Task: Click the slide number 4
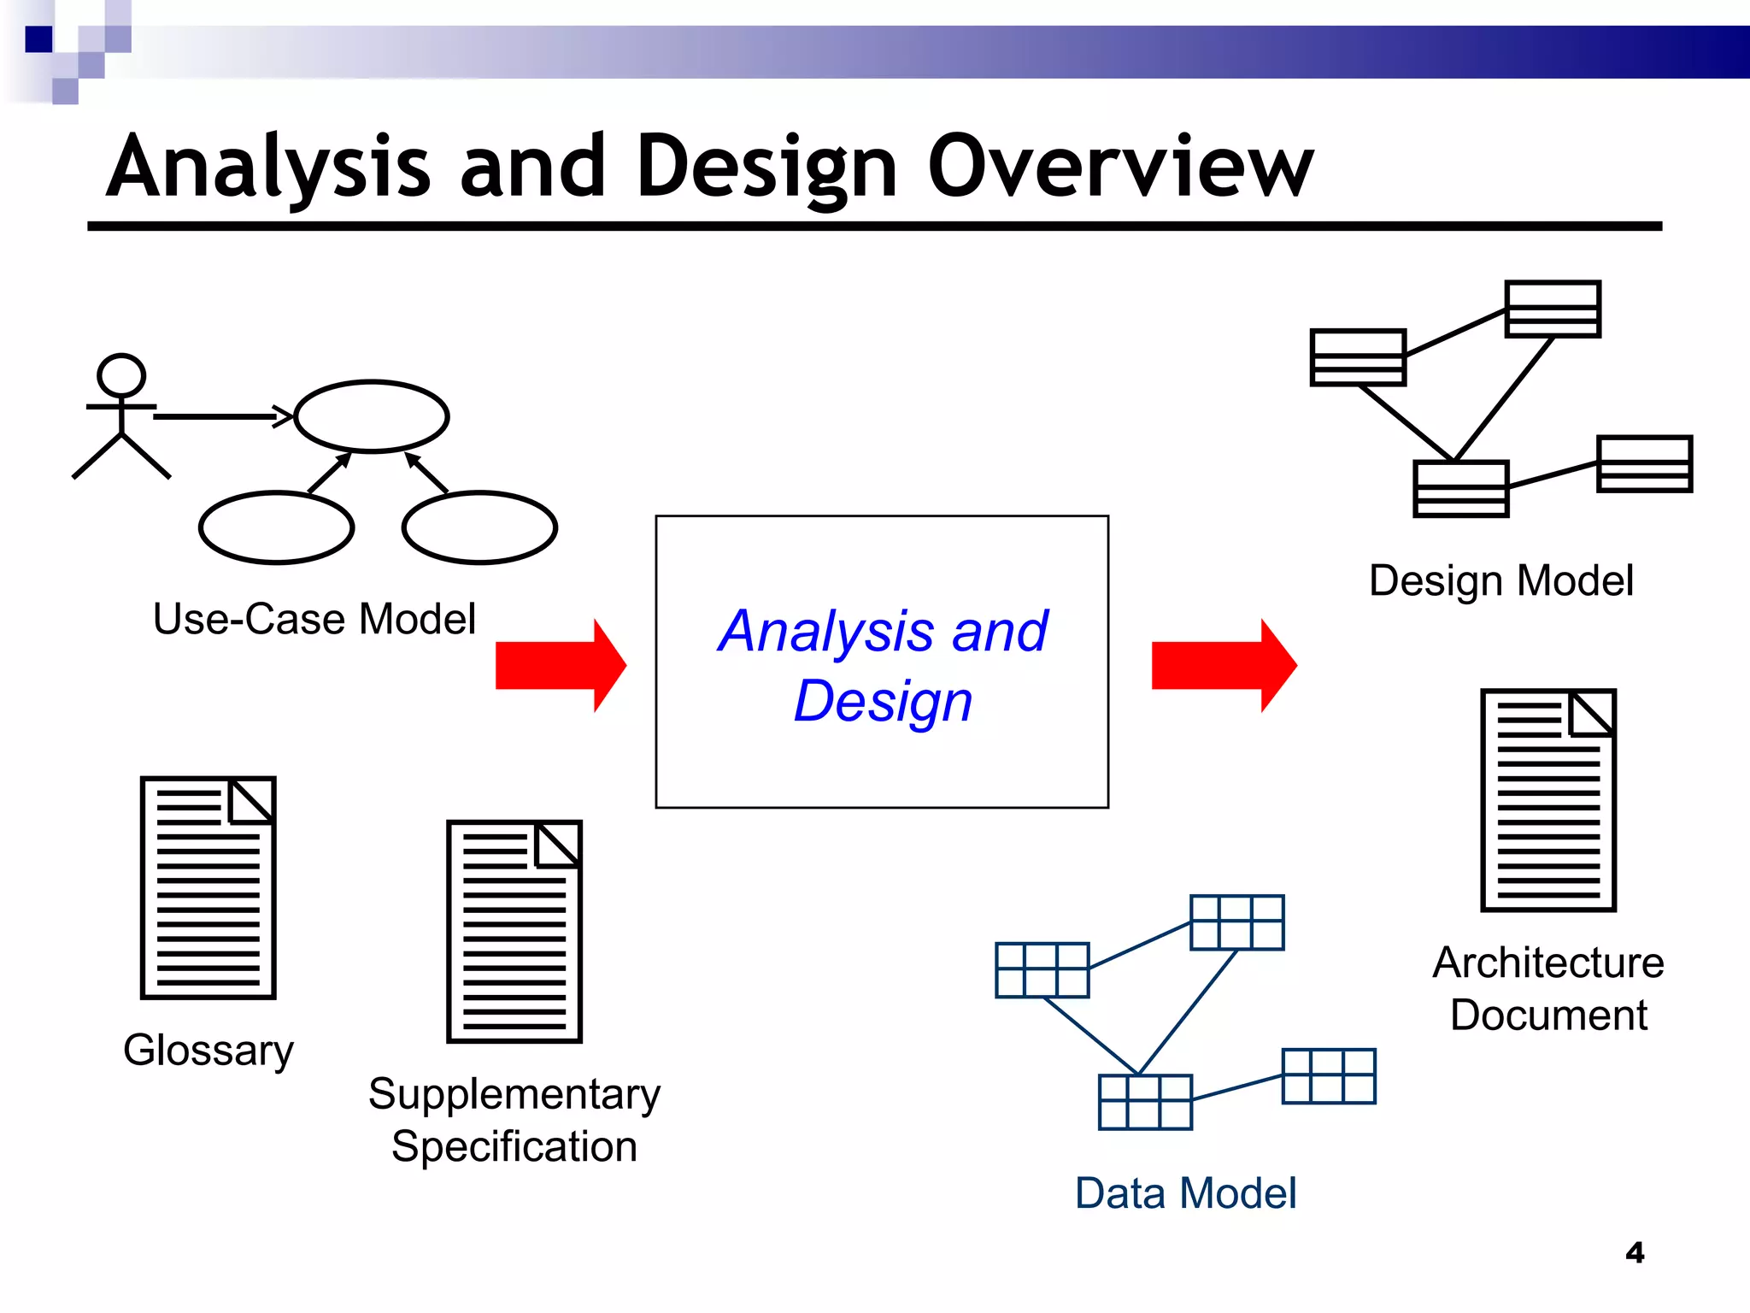click(x=1635, y=1252)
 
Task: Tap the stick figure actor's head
click(x=121, y=375)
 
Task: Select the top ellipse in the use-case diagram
click(x=372, y=416)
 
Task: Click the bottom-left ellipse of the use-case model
click(x=276, y=527)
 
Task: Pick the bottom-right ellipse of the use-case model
click(x=479, y=527)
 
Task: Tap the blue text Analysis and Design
click(x=883, y=665)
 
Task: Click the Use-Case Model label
click(x=314, y=619)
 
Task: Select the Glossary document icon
click(x=208, y=887)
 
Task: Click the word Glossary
click(x=208, y=1050)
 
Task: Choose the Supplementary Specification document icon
click(x=514, y=932)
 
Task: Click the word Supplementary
click(x=514, y=1094)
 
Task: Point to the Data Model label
click(x=1185, y=1193)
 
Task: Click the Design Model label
click(x=1500, y=580)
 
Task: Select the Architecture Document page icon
click(x=1548, y=800)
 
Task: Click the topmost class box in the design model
click(x=1552, y=309)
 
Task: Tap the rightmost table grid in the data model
click(x=1329, y=1076)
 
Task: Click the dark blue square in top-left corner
click(x=38, y=39)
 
